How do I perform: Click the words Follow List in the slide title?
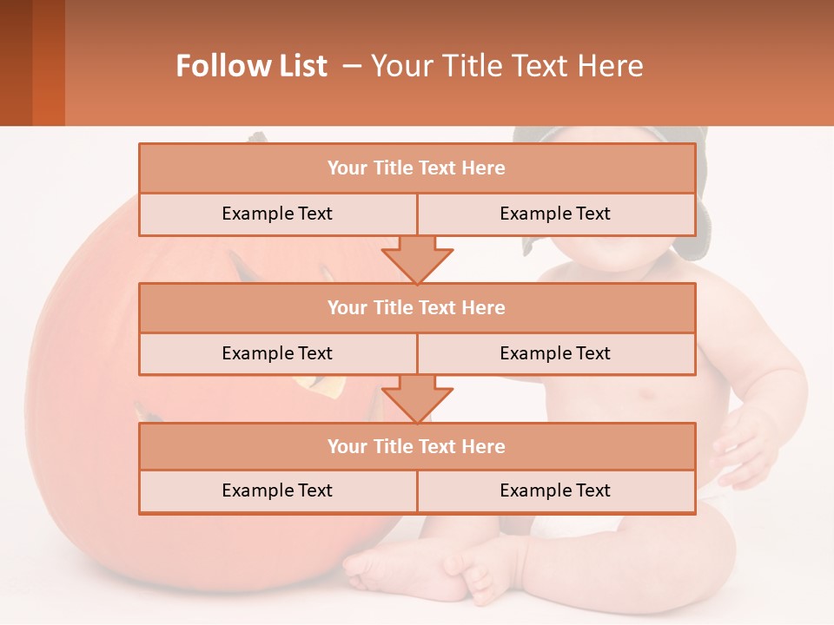tap(251, 66)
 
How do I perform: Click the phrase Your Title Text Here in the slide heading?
tap(506, 66)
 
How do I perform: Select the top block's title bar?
tap(416, 168)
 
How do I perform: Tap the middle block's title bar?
tap(416, 307)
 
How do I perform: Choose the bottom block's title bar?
tap(416, 446)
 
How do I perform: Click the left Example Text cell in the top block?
tap(277, 214)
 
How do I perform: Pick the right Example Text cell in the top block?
tap(555, 214)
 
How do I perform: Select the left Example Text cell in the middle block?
tap(277, 353)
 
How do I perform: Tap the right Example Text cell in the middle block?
tap(555, 353)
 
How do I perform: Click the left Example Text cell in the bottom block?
tap(277, 491)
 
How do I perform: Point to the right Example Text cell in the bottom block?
tap(555, 491)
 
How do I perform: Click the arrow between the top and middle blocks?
tap(417, 259)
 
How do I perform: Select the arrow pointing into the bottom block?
tap(417, 398)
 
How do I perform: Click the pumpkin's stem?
tap(258, 137)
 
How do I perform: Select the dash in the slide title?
tap(351, 66)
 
